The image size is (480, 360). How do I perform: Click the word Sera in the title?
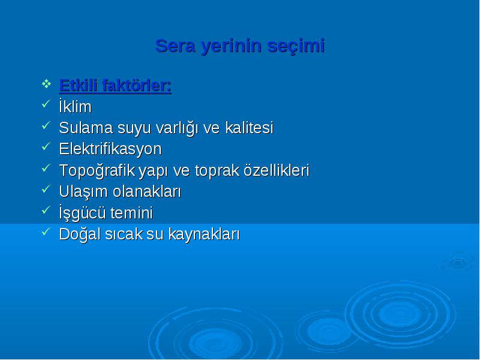coord(175,46)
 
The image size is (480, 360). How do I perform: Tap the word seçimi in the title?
coord(296,47)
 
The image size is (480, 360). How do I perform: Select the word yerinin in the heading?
coord(232,47)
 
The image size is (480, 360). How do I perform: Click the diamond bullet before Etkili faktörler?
coord(46,83)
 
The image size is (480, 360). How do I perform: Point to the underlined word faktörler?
coord(137,85)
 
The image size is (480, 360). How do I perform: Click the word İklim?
coord(75,106)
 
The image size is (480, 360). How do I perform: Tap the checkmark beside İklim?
coord(46,104)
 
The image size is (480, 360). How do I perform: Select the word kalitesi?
coord(249,128)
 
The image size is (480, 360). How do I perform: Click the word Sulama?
coord(86,128)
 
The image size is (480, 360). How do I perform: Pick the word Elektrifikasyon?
coord(110,149)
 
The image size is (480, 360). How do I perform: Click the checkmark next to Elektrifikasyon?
coord(46,146)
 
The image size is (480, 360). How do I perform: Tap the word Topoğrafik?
coord(97,170)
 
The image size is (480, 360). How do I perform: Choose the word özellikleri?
coord(277,170)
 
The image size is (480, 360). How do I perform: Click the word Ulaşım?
coord(83,192)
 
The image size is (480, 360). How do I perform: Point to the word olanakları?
coord(147,192)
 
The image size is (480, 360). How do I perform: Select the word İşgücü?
coord(82,213)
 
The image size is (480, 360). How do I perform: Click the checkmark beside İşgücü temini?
coord(46,211)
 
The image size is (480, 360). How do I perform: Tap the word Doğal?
coord(80,235)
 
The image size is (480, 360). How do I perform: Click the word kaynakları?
coord(204,235)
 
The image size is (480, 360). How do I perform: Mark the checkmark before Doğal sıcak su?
coord(46,232)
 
